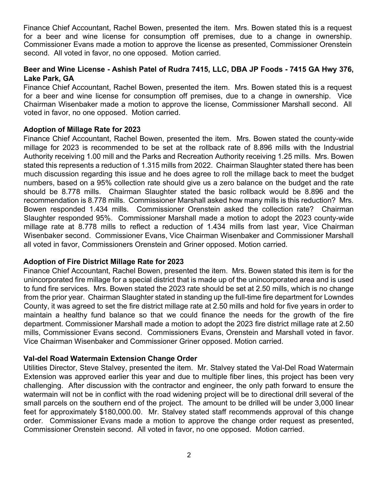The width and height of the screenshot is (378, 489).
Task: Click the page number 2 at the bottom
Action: click(189, 455)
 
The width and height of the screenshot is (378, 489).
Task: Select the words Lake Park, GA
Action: click(49, 79)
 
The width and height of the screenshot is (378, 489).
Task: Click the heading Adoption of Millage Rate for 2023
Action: click(82, 130)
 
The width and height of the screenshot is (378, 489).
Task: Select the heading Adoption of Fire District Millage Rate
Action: click(103, 262)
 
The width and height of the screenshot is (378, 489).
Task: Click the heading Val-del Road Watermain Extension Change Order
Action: click(110, 359)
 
